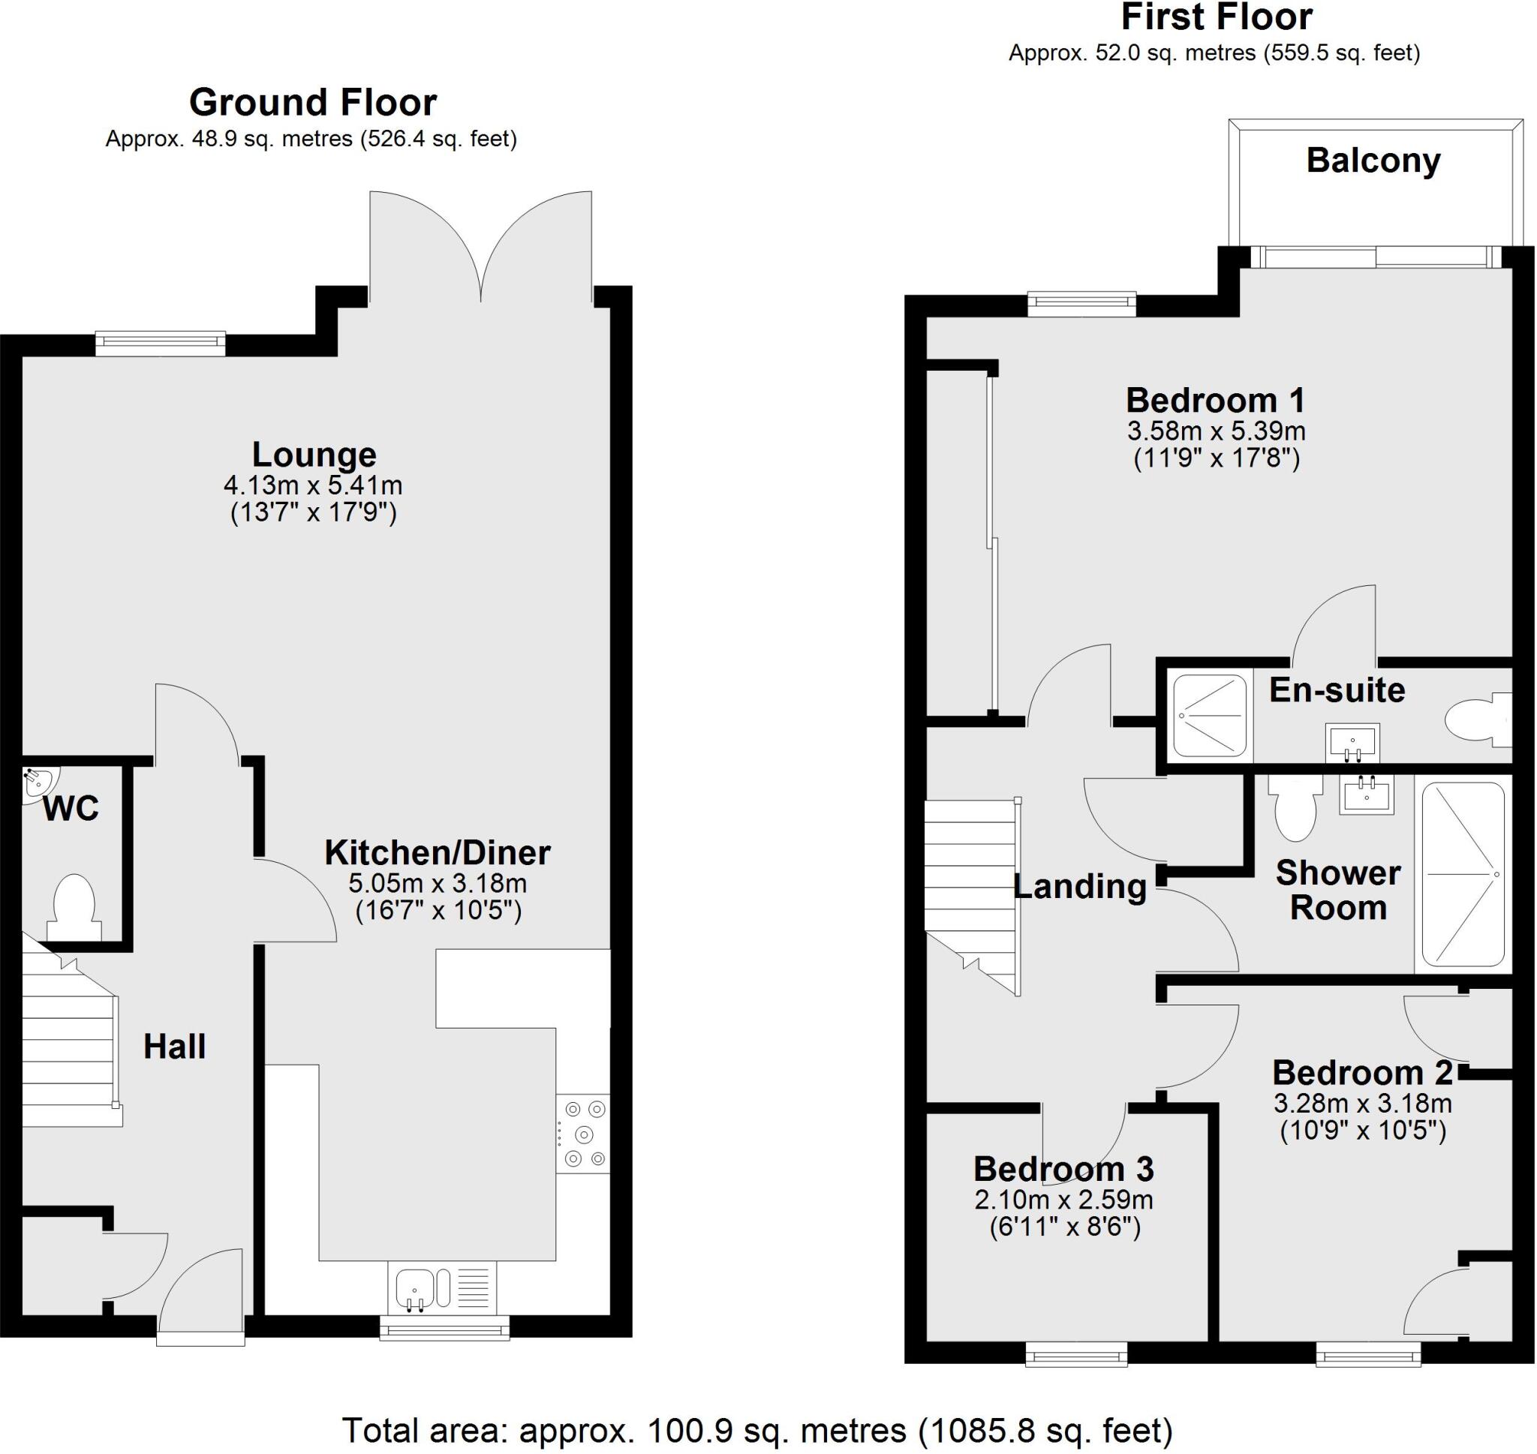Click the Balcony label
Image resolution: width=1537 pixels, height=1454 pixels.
(1373, 161)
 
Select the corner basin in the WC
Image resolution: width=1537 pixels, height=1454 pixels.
(38, 783)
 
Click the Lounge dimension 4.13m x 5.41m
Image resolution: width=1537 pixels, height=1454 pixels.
(313, 486)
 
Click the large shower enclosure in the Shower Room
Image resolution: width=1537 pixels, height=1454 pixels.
(1463, 873)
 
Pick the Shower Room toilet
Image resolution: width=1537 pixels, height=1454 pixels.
(1295, 810)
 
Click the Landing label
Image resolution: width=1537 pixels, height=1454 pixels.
(1080, 886)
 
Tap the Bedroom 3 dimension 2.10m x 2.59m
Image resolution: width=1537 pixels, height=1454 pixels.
(1063, 1200)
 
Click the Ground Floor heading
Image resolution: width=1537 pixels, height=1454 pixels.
(313, 102)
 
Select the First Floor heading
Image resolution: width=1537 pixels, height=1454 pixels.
(1217, 17)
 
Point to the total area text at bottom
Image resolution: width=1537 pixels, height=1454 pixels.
(757, 1431)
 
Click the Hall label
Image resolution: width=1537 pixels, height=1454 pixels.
(174, 1047)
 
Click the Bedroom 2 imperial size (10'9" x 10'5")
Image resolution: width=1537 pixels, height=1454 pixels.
(1363, 1131)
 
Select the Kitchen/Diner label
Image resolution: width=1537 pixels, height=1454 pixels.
(437, 853)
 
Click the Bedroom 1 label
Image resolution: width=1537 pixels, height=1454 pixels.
(1214, 401)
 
